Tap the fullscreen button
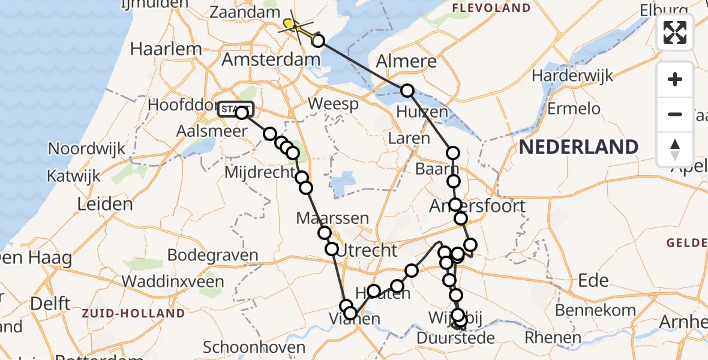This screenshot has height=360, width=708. pyautogui.click(x=675, y=32)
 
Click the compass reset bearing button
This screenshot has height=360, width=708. pyautogui.click(x=675, y=149)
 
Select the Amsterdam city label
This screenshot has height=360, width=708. pyautogui.click(x=271, y=59)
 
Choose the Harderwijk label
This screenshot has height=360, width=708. pyautogui.click(x=572, y=76)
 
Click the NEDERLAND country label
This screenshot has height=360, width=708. pyautogui.click(x=578, y=147)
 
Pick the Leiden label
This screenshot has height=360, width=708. pyautogui.click(x=105, y=204)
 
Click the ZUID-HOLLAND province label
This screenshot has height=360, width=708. pyautogui.click(x=133, y=313)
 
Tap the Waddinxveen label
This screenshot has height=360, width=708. pyautogui.click(x=173, y=281)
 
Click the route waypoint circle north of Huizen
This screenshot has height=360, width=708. pyautogui.click(x=407, y=91)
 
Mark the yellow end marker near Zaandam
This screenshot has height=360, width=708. pyautogui.click(x=290, y=24)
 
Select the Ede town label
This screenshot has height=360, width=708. pyautogui.click(x=593, y=280)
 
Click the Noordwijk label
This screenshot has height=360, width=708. pyautogui.click(x=87, y=149)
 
